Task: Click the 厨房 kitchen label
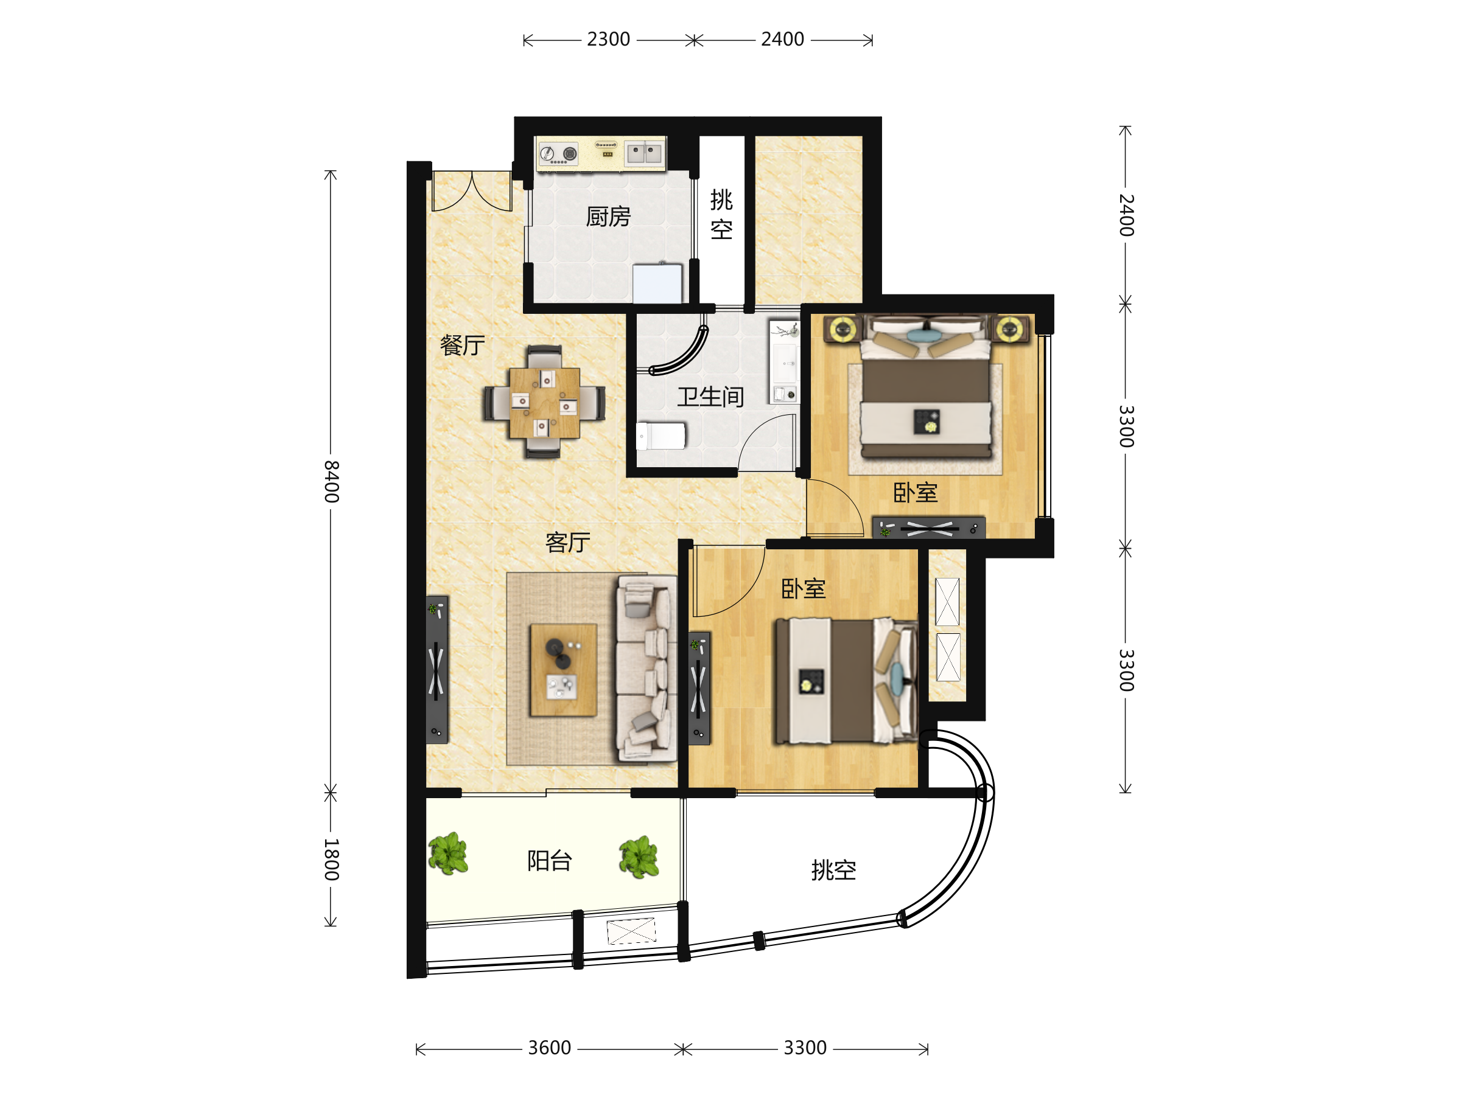pos(608,217)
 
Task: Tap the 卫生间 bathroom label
pos(710,397)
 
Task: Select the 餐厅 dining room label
pos(462,345)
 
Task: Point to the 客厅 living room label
pos(568,542)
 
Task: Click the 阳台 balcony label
pos(550,861)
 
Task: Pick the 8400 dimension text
pos(332,482)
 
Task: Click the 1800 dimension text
pos(332,860)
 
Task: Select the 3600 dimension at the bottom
pos(550,1048)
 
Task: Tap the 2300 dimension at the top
pos(608,40)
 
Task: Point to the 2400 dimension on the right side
pos(1126,215)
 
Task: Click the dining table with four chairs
pos(544,403)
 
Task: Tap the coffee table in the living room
pos(563,670)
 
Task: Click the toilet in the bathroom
pos(660,436)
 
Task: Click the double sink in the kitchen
pos(645,153)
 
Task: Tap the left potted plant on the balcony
pos(449,854)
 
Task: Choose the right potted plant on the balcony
pos(639,857)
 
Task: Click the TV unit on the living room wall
pos(436,670)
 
